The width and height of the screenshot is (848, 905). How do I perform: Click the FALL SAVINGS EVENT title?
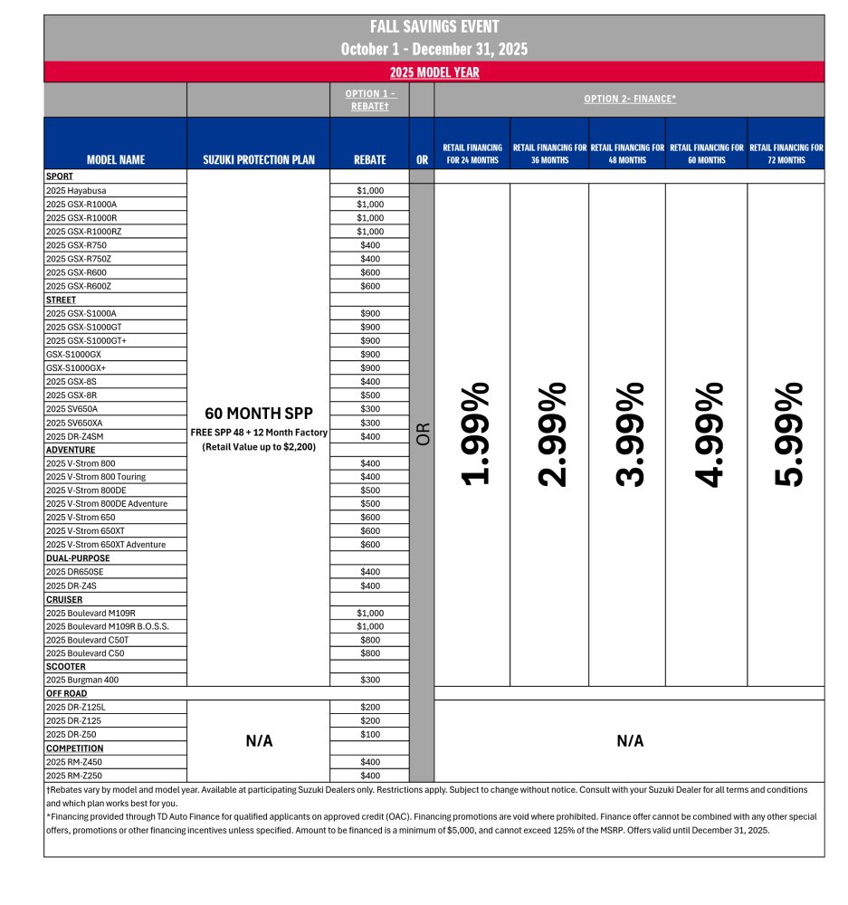(434, 27)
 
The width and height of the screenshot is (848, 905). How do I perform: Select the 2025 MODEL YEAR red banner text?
(434, 72)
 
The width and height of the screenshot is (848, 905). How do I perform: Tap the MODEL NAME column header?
(115, 159)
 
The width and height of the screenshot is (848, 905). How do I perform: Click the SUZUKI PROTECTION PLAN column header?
(259, 159)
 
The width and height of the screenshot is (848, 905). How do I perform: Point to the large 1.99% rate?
(474, 434)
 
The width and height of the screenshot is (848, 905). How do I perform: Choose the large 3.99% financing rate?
(628, 434)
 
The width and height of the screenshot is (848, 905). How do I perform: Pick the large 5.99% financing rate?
(786, 434)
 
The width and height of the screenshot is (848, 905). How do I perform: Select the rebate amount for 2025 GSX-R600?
(369, 272)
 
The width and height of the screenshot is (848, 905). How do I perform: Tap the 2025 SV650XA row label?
(75, 423)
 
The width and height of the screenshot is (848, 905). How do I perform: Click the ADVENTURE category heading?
(71, 450)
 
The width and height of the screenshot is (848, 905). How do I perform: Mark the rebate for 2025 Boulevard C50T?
(369, 640)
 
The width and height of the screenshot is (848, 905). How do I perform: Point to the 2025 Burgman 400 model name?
(81, 681)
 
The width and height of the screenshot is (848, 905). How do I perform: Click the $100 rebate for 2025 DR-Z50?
(369, 735)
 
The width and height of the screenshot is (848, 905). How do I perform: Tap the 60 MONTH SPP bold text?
(259, 414)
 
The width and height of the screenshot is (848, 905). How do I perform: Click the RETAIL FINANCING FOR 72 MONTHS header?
(786, 153)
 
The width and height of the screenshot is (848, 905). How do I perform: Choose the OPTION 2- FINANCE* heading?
(630, 100)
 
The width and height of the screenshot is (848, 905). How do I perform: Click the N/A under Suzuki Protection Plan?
(259, 741)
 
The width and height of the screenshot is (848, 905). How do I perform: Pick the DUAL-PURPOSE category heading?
(78, 558)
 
